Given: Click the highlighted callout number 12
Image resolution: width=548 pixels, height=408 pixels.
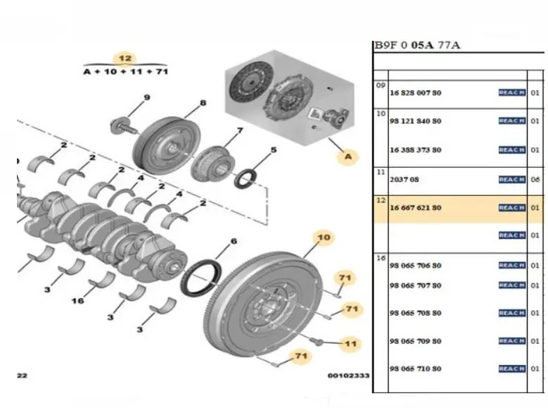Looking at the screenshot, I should [x=125, y=58].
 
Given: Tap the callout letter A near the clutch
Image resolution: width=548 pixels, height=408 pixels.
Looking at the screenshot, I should [x=348, y=157].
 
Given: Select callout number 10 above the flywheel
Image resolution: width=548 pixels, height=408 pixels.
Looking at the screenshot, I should [x=324, y=237].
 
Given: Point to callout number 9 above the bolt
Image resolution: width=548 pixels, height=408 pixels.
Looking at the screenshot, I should [x=147, y=97].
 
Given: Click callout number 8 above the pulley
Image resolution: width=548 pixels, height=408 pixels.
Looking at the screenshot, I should [x=203, y=104].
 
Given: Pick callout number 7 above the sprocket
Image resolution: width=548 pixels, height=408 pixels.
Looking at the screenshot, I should [x=239, y=130].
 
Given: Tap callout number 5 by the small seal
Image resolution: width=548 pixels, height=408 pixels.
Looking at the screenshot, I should [x=274, y=149].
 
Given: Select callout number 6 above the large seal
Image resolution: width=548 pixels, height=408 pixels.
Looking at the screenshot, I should [x=234, y=243].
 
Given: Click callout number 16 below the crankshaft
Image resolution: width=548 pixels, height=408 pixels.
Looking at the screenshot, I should [x=77, y=301].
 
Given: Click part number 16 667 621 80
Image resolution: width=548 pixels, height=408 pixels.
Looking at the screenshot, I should [x=416, y=208].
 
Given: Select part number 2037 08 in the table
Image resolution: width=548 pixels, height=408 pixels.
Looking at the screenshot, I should [x=404, y=180].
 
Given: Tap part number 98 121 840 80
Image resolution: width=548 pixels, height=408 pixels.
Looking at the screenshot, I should [x=416, y=121].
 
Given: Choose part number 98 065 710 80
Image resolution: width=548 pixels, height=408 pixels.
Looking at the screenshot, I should [x=416, y=369].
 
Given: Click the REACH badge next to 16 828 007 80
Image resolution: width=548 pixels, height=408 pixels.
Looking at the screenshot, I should [x=511, y=92].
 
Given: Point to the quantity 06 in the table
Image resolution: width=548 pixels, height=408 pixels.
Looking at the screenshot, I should [x=535, y=180].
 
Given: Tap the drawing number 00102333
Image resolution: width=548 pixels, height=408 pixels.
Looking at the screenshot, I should [x=348, y=376].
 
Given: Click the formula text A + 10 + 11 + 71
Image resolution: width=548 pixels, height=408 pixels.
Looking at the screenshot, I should [x=125, y=72].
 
